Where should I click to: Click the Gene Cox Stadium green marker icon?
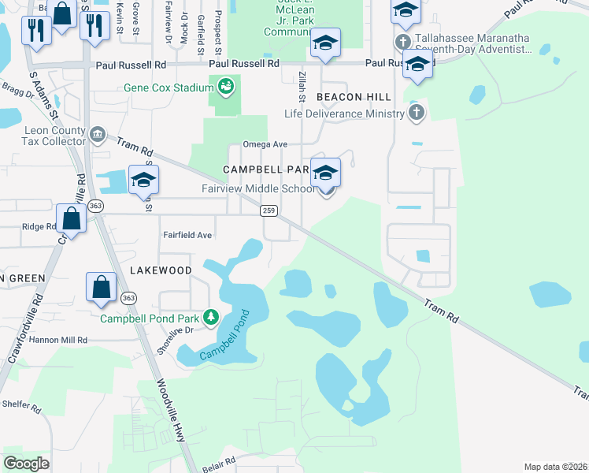[226, 86]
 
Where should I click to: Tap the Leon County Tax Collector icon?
[98, 135]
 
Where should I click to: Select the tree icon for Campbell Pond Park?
[211, 318]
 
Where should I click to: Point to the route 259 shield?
[269, 210]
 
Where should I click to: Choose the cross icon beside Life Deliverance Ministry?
[417, 114]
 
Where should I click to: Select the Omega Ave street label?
[265, 144]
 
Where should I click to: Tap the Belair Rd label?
[220, 460]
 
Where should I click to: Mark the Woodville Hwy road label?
[171, 405]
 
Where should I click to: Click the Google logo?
[26, 464]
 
